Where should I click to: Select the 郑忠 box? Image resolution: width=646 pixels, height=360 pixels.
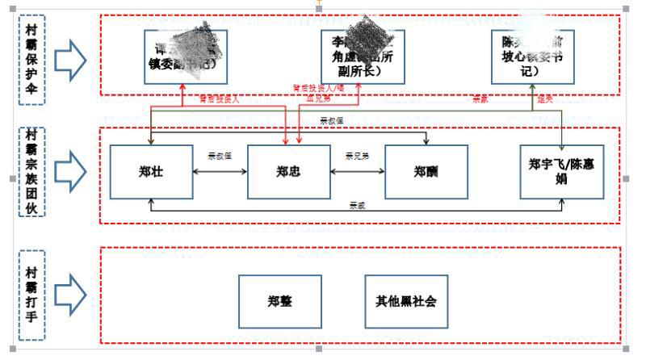click(x=288, y=171)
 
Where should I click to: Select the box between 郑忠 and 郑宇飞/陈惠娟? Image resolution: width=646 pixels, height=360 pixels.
click(x=425, y=171)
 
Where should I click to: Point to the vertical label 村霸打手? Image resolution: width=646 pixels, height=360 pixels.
click(x=31, y=296)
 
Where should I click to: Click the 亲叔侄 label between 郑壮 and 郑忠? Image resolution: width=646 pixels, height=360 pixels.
click(x=220, y=156)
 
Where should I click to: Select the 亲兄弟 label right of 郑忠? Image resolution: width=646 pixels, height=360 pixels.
click(x=357, y=156)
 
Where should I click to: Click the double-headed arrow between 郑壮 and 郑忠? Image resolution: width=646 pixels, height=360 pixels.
click(x=220, y=171)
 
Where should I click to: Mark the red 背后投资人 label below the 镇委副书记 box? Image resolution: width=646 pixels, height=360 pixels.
click(x=220, y=98)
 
